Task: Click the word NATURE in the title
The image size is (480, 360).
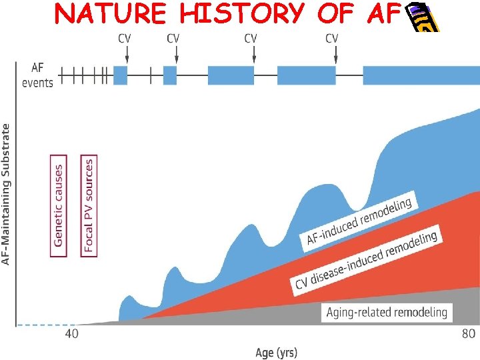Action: [99, 13]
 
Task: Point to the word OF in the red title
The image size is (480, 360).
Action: [327, 13]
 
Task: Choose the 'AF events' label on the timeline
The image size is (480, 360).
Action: [37, 75]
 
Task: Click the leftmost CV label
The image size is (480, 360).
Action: [125, 39]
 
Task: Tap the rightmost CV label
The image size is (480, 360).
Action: [331, 39]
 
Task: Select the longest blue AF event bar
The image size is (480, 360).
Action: [421, 75]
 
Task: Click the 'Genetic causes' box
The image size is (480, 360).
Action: [59, 205]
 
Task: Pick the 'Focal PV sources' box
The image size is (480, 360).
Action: [88, 205]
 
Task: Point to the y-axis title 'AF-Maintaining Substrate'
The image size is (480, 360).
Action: [7, 193]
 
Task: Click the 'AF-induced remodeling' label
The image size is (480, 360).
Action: [361, 219]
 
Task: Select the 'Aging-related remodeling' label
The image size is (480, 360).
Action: [387, 311]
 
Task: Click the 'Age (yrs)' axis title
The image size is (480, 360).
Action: [276, 352]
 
